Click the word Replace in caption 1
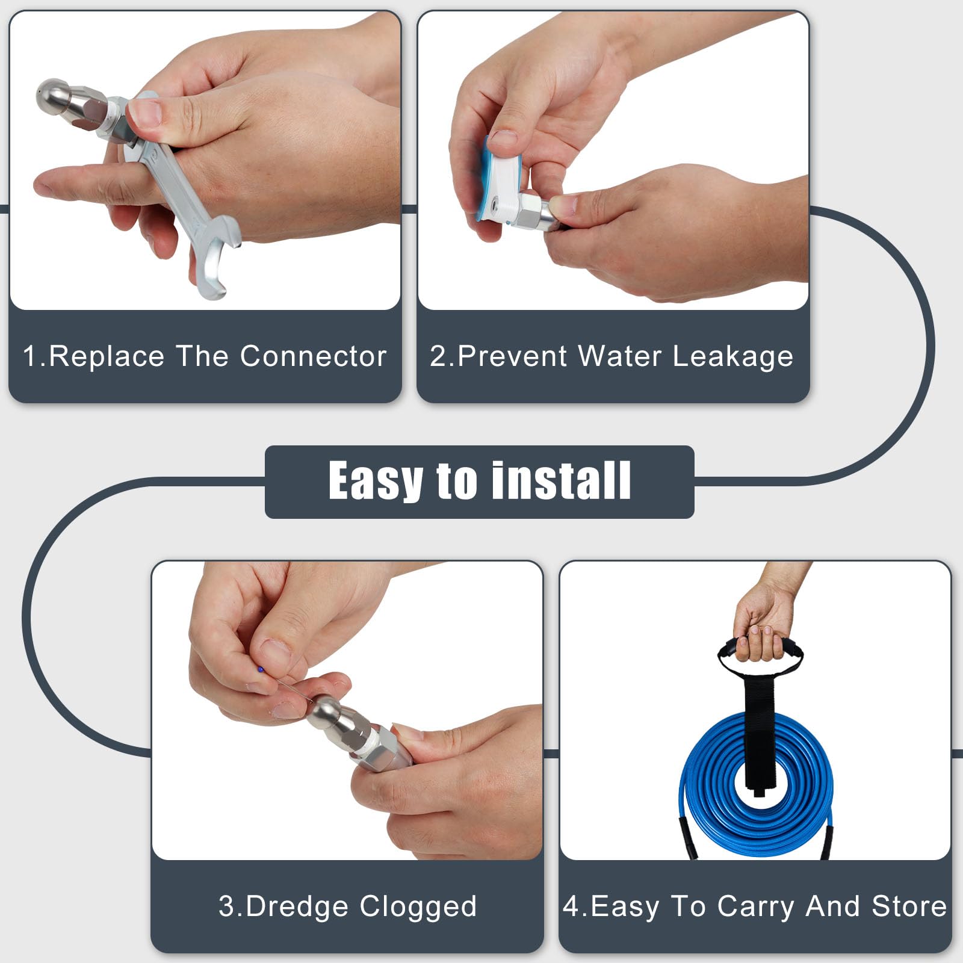click(107, 356)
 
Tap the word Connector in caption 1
click(313, 356)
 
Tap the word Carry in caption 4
click(755, 906)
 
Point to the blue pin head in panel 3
click(260, 669)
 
